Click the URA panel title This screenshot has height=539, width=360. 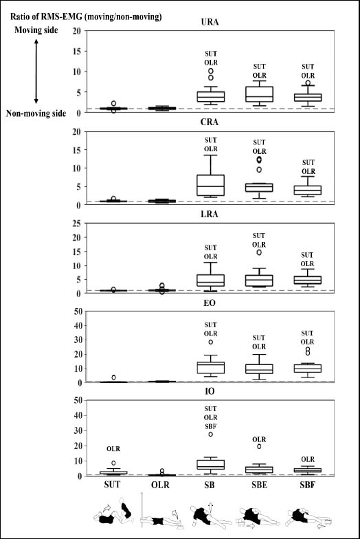click(x=210, y=22)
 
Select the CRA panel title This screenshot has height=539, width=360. click(x=209, y=122)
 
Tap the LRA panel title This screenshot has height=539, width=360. click(x=209, y=214)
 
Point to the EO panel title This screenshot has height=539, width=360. click(x=210, y=302)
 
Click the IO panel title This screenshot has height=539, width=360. click(x=210, y=392)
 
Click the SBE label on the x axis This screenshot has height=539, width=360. click(x=259, y=485)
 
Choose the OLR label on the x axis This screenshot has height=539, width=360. click(x=161, y=485)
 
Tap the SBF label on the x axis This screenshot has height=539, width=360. click(x=308, y=485)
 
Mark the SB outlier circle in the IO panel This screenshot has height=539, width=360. click(x=210, y=434)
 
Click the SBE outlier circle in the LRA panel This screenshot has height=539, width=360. click(x=259, y=253)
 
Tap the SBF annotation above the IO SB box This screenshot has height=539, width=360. click(x=210, y=426)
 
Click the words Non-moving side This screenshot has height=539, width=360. click(x=36, y=113)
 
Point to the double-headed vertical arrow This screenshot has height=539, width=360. click(x=36, y=71)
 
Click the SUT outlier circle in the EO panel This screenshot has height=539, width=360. click(x=114, y=377)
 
